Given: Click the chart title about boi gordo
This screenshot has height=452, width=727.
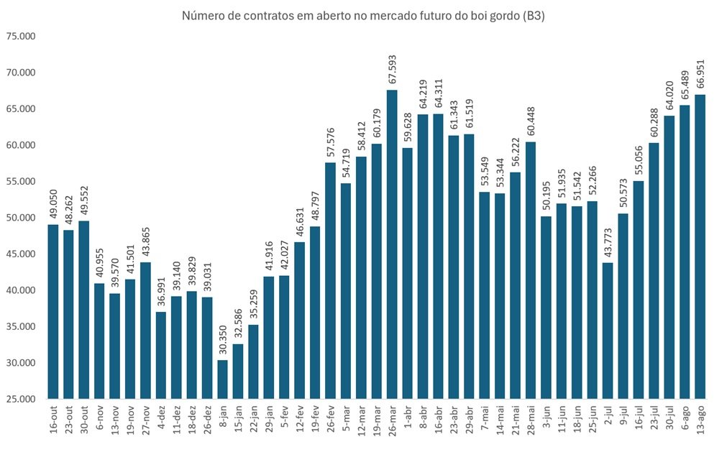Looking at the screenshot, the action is tap(363, 17).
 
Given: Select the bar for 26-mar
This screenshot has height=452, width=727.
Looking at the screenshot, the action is tap(392, 244).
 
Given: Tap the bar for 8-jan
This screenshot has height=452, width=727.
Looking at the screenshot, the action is tap(222, 379).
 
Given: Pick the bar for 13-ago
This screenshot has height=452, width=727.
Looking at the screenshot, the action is tap(700, 246).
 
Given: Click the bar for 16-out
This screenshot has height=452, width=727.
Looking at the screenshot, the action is tap(53, 312).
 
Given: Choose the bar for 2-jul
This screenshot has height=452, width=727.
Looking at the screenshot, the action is tap(608, 331).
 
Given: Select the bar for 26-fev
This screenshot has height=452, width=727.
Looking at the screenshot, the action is tap(331, 281).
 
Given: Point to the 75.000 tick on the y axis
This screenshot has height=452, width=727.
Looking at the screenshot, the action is tap(21, 36).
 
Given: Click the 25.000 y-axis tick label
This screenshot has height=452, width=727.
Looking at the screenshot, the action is tap(21, 400).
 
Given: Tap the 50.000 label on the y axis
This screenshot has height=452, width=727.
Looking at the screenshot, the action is tap(21, 218).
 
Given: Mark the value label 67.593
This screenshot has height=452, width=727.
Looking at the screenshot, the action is tap(392, 70).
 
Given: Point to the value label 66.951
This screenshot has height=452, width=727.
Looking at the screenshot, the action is tap(700, 74).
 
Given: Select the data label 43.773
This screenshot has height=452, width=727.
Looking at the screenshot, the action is tap(608, 243).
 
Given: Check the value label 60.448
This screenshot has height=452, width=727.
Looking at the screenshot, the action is tap(531, 121).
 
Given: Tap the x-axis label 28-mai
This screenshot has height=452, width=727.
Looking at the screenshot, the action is tap(531, 420).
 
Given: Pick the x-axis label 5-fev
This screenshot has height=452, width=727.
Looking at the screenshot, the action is tap(285, 418).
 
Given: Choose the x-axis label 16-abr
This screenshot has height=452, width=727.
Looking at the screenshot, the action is tap(439, 420).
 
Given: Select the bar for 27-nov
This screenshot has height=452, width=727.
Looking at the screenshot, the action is tap(145, 331).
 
